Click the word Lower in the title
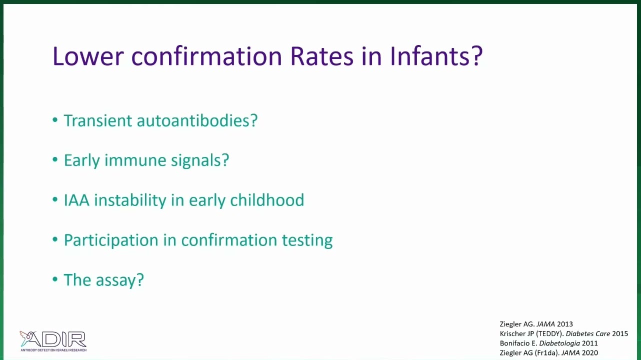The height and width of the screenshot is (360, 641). (88, 56)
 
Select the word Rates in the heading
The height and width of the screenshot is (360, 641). (321, 56)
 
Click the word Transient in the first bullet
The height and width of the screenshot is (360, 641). (97, 120)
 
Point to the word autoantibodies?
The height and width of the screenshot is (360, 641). (197, 120)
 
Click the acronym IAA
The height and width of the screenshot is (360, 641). (76, 200)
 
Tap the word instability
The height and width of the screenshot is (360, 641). (130, 200)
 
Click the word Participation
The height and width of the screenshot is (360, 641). (110, 240)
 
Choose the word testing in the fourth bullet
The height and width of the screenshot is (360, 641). (307, 240)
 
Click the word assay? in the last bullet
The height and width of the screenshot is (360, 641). (119, 280)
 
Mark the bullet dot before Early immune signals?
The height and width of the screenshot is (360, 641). (55, 159)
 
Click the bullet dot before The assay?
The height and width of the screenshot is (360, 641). (55, 279)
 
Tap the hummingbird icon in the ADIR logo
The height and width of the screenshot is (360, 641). (26, 337)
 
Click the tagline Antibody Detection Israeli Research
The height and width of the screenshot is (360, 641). (53, 349)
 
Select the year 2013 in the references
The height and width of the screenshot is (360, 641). (565, 324)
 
